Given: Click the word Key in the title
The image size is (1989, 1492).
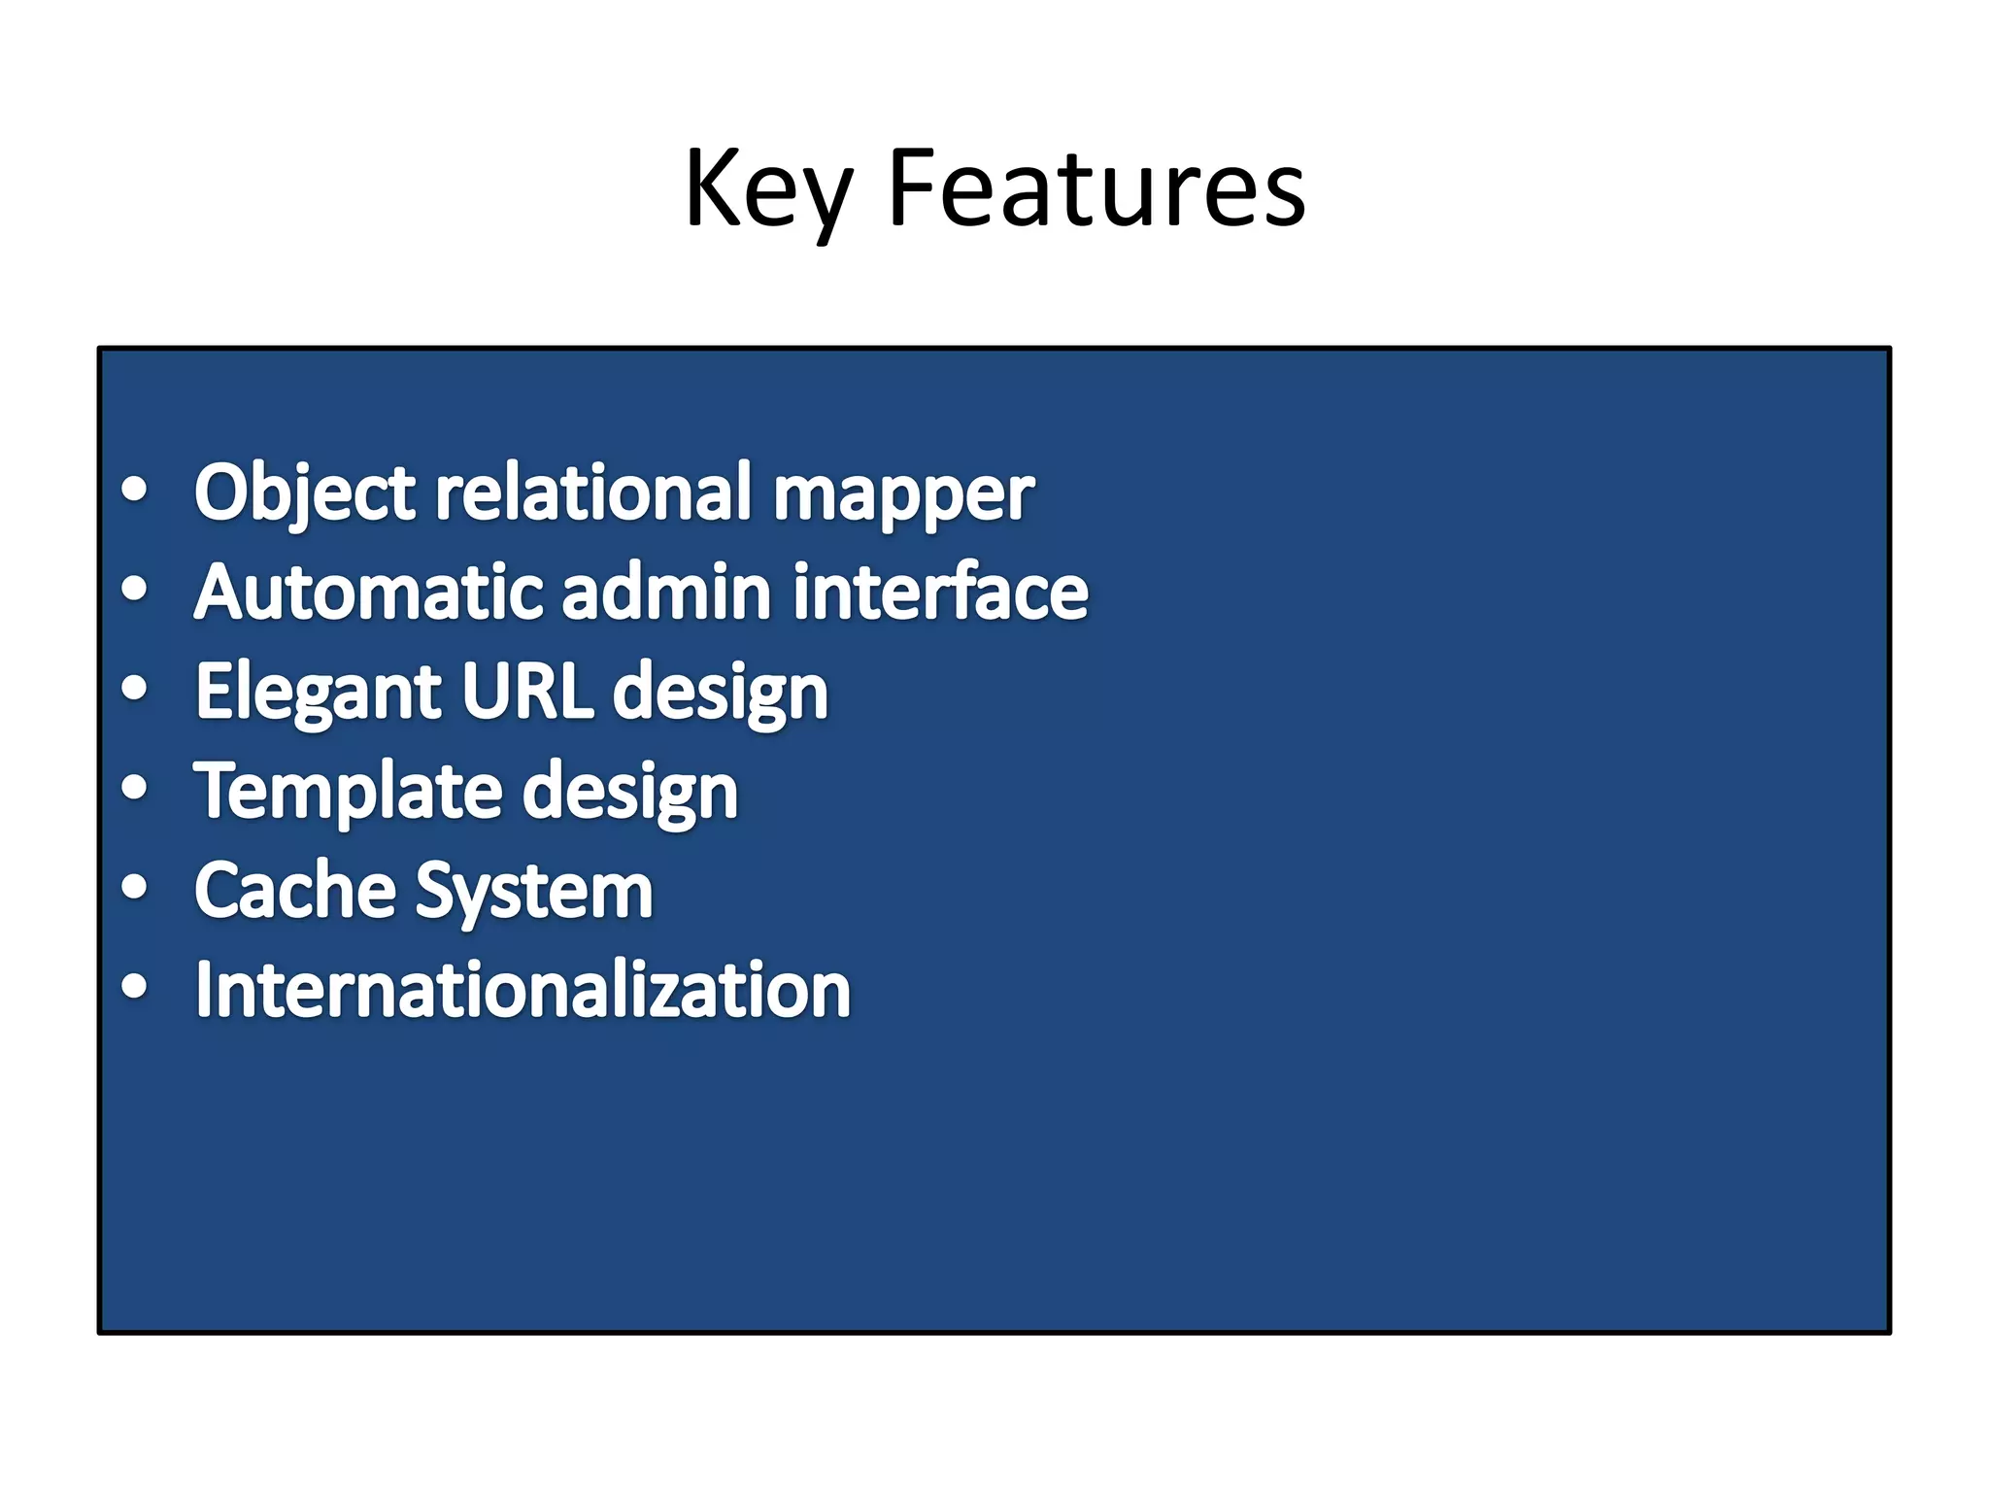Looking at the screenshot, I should pos(767,189).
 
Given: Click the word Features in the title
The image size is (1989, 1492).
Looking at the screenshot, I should pos(1096,189).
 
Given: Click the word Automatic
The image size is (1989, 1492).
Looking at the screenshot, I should pos(368,593).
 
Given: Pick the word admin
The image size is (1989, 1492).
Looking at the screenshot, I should pos(667,593).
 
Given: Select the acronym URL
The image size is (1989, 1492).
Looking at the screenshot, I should pos(527,691).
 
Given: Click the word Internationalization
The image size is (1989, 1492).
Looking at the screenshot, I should pos(523,991).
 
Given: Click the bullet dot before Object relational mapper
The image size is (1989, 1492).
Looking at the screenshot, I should pos(135,490).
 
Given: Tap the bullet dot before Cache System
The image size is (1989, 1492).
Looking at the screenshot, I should pos(135,886).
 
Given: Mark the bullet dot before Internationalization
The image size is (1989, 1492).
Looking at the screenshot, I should pos(135,985).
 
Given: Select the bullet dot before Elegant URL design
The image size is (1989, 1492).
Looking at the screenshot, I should pos(135,688).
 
